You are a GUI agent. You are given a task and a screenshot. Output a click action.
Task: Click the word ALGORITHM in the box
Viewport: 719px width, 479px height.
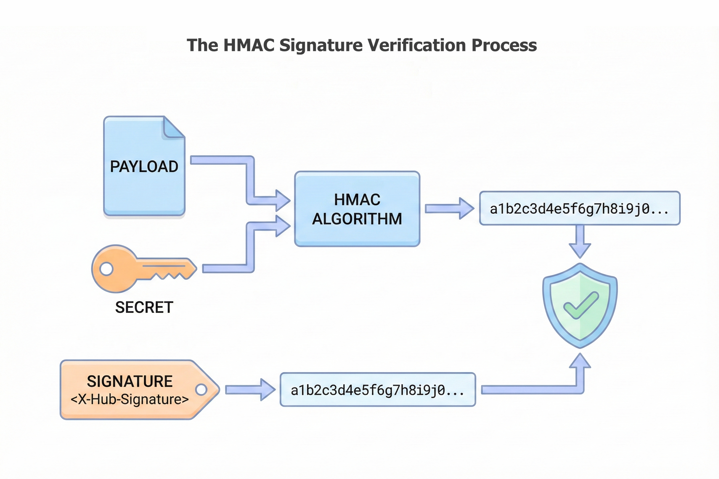[x=357, y=219]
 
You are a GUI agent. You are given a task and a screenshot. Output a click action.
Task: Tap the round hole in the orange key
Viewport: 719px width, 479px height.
[x=106, y=269]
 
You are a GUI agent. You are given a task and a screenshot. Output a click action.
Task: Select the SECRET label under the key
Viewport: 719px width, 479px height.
[x=144, y=307]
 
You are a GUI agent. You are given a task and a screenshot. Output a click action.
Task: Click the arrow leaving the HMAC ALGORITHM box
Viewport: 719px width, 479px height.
[x=449, y=209]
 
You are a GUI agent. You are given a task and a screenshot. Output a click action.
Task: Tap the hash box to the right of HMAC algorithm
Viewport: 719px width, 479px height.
[x=579, y=209]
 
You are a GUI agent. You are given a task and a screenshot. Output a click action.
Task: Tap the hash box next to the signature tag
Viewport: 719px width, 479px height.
[x=378, y=390]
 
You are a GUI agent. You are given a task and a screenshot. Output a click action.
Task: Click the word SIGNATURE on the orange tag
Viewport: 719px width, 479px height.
[x=130, y=381]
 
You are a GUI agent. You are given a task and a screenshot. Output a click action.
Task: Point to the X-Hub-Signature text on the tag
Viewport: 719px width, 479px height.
[x=130, y=399]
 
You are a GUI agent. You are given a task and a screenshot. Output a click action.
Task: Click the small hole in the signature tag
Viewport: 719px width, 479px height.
[x=201, y=390]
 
